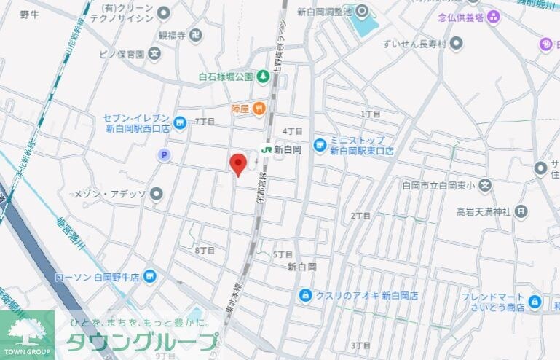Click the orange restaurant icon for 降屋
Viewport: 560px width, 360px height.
pos(259,109)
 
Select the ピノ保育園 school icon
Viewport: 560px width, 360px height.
pos(154,53)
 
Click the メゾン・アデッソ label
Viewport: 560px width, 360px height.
pos(110,195)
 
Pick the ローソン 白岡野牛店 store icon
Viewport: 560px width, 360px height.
pos(149,276)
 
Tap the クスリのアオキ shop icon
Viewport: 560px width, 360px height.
pos(305,295)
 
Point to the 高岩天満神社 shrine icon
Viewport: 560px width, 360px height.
pos(521,211)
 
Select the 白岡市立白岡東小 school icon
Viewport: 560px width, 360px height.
pos(486,185)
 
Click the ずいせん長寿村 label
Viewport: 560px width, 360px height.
pos(413,43)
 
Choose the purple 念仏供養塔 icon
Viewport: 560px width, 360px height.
pos(494,16)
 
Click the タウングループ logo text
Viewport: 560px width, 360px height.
pos(142,342)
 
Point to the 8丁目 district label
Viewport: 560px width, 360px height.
pos(205,250)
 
